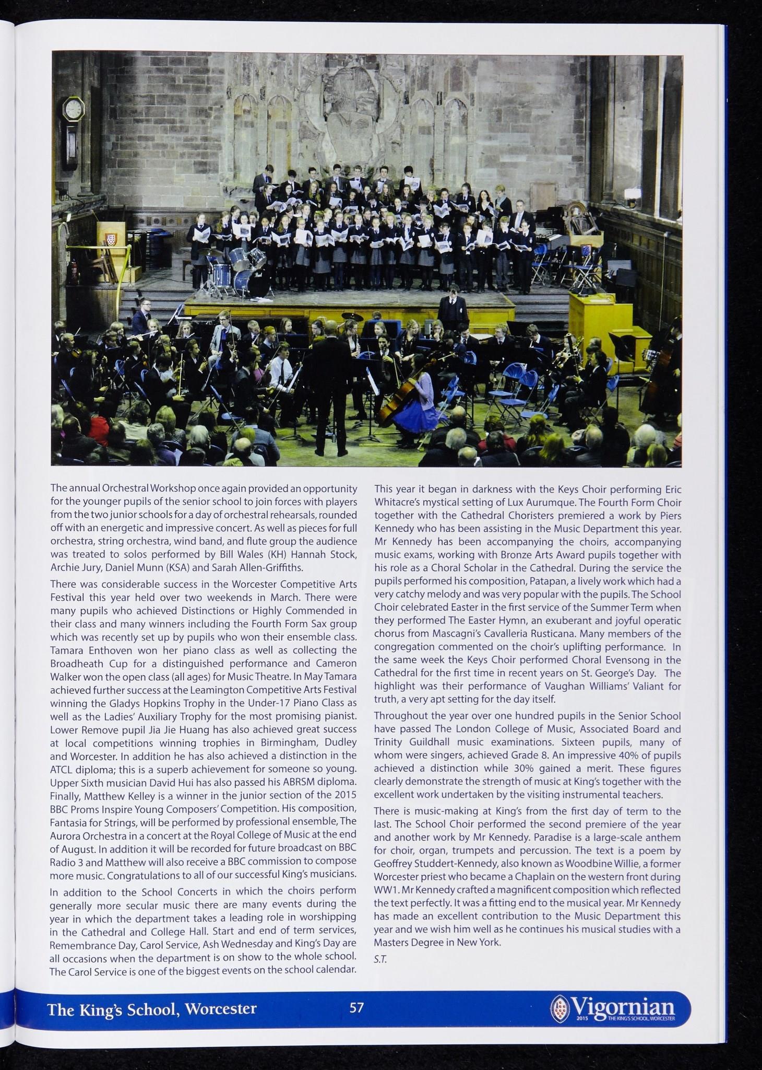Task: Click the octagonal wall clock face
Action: pos(74,109)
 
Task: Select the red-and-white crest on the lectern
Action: pos(110,239)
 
